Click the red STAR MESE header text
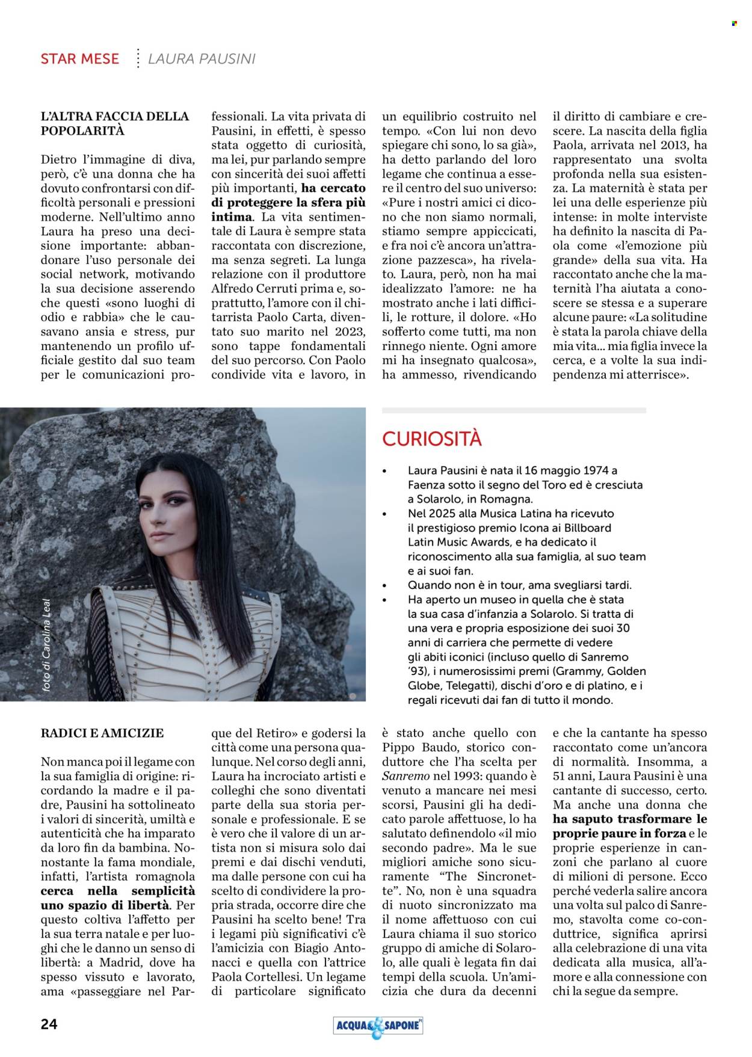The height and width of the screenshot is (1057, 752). tap(79, 59)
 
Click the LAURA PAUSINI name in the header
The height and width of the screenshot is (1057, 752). tap(202, 59)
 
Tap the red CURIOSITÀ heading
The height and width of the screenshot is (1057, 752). tap(432, 439)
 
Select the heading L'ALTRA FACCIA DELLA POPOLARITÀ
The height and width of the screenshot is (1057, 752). tap(114, 123)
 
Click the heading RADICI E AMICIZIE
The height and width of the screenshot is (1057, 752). tap(102, 733)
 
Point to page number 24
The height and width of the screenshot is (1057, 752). tap(49, 1024)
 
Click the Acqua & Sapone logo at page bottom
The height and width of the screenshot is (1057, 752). tap(378, 1026)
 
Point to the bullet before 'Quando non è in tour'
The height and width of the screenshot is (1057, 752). tap(385, 585)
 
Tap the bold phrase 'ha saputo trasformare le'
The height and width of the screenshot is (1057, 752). tap(630, 819)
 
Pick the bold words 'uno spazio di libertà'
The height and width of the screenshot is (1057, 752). tap(105, 905)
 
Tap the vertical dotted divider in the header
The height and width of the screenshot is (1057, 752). tap(138, 58)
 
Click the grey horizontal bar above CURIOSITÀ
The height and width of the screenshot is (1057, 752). tap(514, 410)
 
